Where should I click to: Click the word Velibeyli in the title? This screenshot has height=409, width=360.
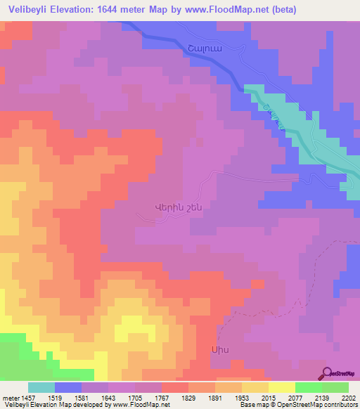pos(27,9)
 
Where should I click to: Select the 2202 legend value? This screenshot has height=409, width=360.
pos(349,398)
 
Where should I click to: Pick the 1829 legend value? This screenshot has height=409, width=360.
pos(188,398)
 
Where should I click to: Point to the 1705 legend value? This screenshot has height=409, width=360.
pos(135,398)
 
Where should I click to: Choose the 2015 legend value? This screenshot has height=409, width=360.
pos(269,398)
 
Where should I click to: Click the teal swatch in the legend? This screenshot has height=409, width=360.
pos(41,387)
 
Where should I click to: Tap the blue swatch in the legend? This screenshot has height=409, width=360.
pos(68,387)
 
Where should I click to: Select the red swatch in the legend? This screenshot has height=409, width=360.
pos(175,387)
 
